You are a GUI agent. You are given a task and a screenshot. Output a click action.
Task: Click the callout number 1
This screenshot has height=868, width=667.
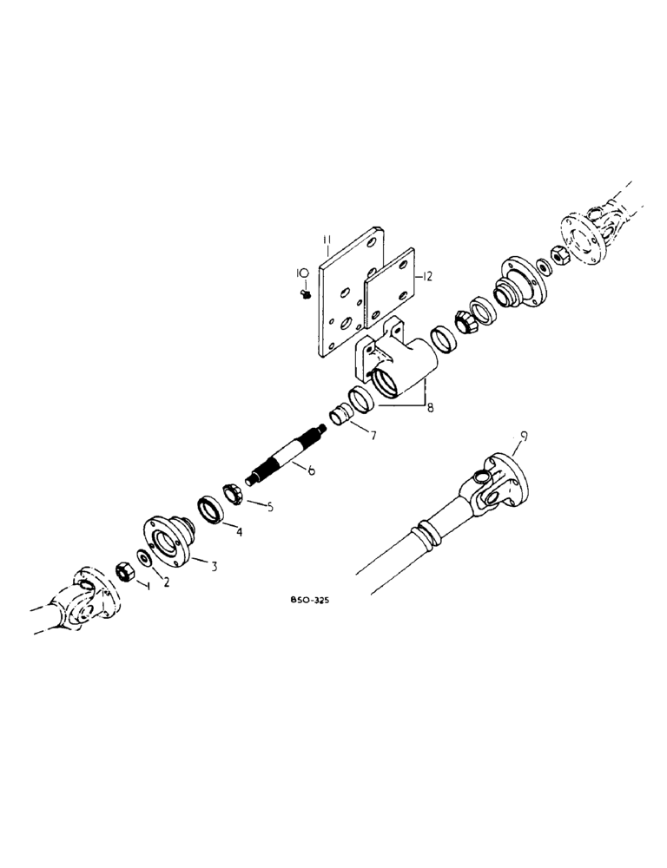[x=148, y=588]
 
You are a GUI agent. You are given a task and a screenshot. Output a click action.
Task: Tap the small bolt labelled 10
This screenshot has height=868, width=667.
[x=305, y=295]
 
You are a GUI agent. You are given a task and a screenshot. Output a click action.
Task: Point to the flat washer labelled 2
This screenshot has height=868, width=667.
[x=143, y=558]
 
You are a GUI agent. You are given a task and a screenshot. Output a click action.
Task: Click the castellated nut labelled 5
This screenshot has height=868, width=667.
[x=233, y=494]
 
